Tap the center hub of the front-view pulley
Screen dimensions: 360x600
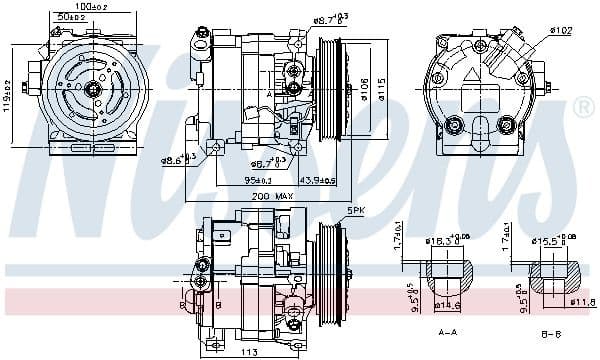tap(94, 89)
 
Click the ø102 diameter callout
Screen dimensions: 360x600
tap(561, 30)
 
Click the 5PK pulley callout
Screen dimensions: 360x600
tap(355, 210)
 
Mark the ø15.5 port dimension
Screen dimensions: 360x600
tap(550, 242)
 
